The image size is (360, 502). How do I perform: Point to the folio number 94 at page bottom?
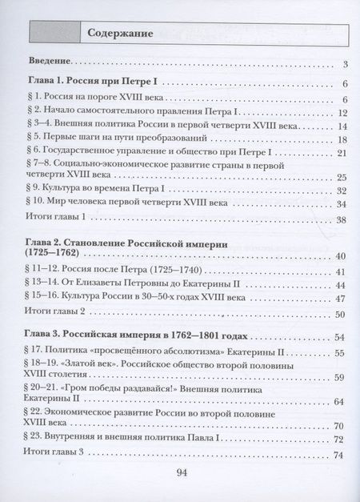pos(180,476)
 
